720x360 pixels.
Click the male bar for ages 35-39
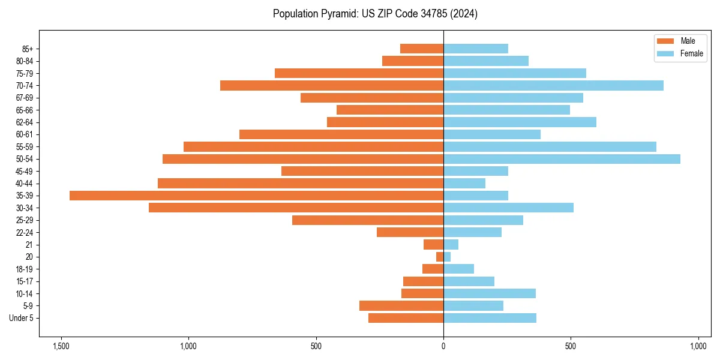(256, 196)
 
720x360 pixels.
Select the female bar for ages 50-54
(562, 159)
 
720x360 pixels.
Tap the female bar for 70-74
(553, 85)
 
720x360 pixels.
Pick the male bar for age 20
(440, 257)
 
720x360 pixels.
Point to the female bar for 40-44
(464, 184)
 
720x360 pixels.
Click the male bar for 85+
(422, 49)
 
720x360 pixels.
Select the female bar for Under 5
(490, 318)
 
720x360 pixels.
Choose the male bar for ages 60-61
(341, 134)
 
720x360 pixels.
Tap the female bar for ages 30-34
(508, 208)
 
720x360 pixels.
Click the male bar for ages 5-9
(401, 306)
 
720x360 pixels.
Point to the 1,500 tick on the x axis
(61, 346)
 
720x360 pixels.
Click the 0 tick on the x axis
(443, 346)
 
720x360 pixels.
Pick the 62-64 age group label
(25, 122)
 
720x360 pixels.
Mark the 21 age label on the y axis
(29, 245)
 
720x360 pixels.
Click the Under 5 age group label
(22, 318)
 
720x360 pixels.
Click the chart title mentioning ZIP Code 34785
(375, 14)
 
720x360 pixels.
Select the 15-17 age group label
(25, 281)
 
